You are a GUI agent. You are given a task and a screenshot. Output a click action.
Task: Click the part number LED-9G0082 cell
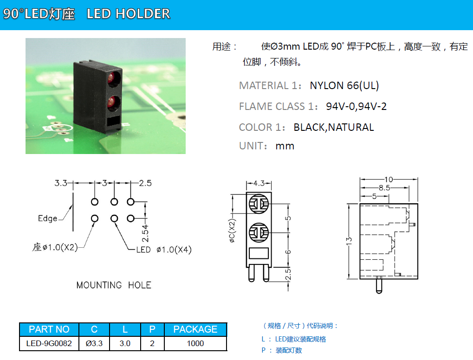49,343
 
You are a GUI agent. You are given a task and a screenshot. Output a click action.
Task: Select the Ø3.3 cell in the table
94,343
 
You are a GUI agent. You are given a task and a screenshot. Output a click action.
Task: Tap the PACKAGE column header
195,329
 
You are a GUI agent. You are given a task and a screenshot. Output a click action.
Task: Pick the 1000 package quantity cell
195,343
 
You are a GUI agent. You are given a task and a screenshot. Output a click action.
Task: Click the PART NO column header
49,329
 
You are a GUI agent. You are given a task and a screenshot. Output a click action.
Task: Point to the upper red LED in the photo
114,78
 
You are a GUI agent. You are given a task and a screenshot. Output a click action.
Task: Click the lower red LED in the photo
113,102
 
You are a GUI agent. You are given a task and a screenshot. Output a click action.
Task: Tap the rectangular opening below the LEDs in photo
113,121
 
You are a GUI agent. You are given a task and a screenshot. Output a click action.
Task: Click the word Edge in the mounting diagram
48,219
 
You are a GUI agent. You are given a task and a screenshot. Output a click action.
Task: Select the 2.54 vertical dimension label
145,233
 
